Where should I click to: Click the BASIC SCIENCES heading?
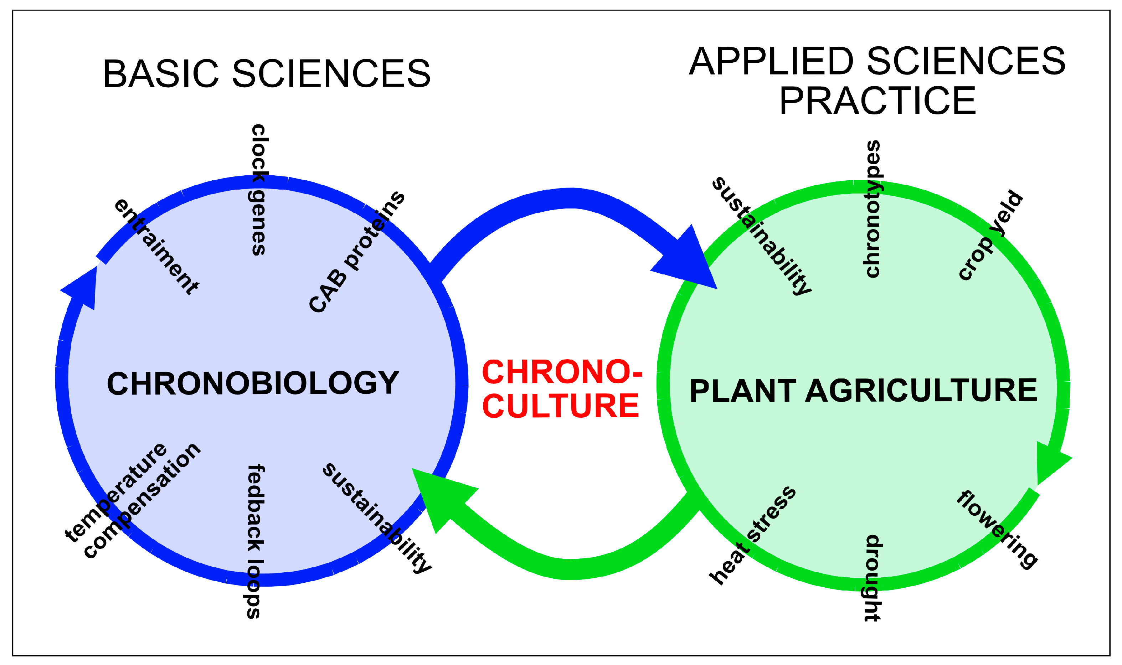click(267, 73)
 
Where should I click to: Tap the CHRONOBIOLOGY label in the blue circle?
click(253, 383)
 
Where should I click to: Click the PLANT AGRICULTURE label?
click(863, 390)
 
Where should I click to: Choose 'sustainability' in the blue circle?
click(376, 517)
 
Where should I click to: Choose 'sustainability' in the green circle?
click(762, 236)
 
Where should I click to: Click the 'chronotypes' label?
click(872, 209)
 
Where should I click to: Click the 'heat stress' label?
click(753, 536)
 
